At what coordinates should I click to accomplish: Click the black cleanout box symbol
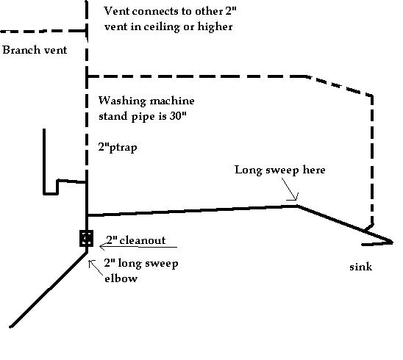pyautogui.click(x=86, y=238)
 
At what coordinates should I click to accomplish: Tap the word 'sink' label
pyautogui.click(x=360, y=267)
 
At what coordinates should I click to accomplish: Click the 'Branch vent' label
pyautogui.click(x=35, y=50)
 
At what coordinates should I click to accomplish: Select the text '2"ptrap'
pyautogui.click(x=118, y=148)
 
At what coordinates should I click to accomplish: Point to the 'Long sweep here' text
pyautogui.click(x=280, y=170)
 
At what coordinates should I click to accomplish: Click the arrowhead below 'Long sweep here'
pyautogui.click(x=296, y=197)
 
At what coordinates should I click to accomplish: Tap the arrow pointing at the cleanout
pyautogui.click(x=138, y=247)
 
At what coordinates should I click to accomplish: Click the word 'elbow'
pyautogui.click(x=121, y=278)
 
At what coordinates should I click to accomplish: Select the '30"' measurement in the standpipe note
pyautogui.click(x=177, y=116)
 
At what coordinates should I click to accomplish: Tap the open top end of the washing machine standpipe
pyautogui.click(x=44, y=129)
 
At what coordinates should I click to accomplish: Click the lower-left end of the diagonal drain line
pyautogui.click(x=10, y=327)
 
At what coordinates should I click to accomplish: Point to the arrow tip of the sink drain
pyautogui.click(x=392, y=242)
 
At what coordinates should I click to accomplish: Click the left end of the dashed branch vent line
pyautogui.click(x=1, y=32)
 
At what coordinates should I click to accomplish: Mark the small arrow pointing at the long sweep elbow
pyautogui.click(x=94, y=267)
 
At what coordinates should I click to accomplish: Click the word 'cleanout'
pyautogui.click(x=143, y=240)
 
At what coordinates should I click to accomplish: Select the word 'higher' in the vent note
pyautogui.click(x=215, y=26)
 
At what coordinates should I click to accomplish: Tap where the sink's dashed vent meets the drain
pyautogui.click(x=366, y=231)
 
